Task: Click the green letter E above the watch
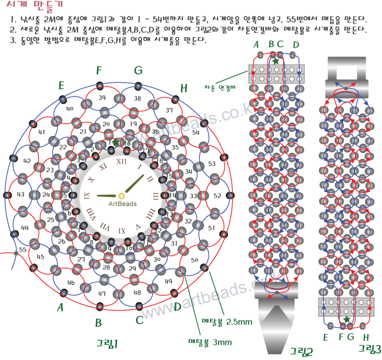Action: pyautogui.click(x=61, y=86)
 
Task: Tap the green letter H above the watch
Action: pyautogui.click(x=184, y=88)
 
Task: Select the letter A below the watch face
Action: pyautogui.click(x=59, y=308)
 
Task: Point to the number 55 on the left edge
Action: pyautogui.click(x=23, y=250)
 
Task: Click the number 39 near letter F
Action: pyautogui.click(x=102, y=98)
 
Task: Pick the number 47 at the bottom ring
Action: pyautogui.click(x=102, y=293)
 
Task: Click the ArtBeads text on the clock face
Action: pyautogui.click(x=122, y=204)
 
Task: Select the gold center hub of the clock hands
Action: pyautogui.click(x=121, y=195)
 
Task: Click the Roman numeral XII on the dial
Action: pyautogui.click(x=122, y=161)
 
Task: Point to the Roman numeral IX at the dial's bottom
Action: pyautogui.click(x=122, y=231)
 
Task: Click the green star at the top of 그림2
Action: pyautogui.click(x=276, y=61)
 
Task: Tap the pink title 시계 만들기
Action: pyautogui.click(x=27, y=8)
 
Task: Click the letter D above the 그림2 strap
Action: pyautogui.click(x=296, y=45)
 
